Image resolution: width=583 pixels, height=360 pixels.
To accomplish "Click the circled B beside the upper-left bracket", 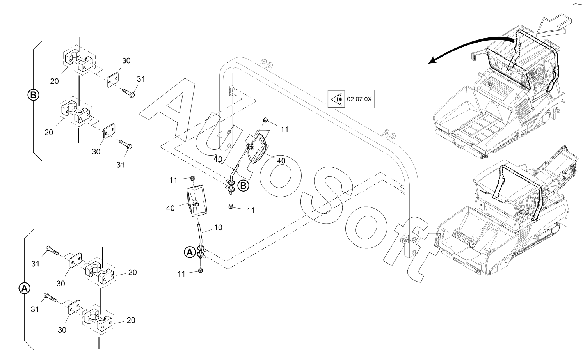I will (x=33, y=95).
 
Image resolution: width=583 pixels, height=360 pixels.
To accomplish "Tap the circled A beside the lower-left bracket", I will (x=25, y=288).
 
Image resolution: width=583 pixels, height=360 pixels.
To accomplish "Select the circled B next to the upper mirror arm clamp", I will (x=243, y=186).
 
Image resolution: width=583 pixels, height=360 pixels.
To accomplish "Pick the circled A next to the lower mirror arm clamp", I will (x=189, y=252).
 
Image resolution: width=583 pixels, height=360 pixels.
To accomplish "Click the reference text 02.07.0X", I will (x=359, y=99).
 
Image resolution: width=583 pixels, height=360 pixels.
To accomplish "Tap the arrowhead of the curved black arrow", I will (x=432, y=60).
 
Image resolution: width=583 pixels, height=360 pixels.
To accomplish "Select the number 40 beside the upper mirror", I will (x=281, y=160).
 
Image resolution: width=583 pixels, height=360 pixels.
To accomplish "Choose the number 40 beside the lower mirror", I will (x=170, y=208).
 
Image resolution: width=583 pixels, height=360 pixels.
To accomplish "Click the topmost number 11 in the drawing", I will (x=284, y=129).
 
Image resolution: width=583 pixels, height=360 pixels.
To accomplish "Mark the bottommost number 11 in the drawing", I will (x=181, y=274).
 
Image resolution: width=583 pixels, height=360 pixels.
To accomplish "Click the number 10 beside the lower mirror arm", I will (x=218, y=227).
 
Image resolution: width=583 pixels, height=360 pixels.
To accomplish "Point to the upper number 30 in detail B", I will (x=126, y=61).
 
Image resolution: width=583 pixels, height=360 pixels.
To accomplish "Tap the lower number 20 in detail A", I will (x=131, y=320).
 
